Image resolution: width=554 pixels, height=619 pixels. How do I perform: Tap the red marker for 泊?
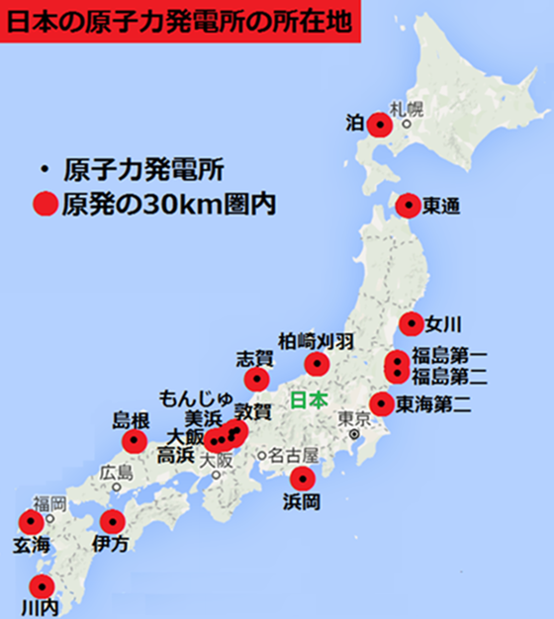[x=380, y=125]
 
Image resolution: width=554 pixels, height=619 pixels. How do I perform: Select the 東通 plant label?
[x=440, y=206]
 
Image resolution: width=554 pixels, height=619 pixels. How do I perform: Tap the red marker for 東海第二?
[x=382, y=402]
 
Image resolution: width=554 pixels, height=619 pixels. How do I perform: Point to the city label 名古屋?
[x=295, y=456]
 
